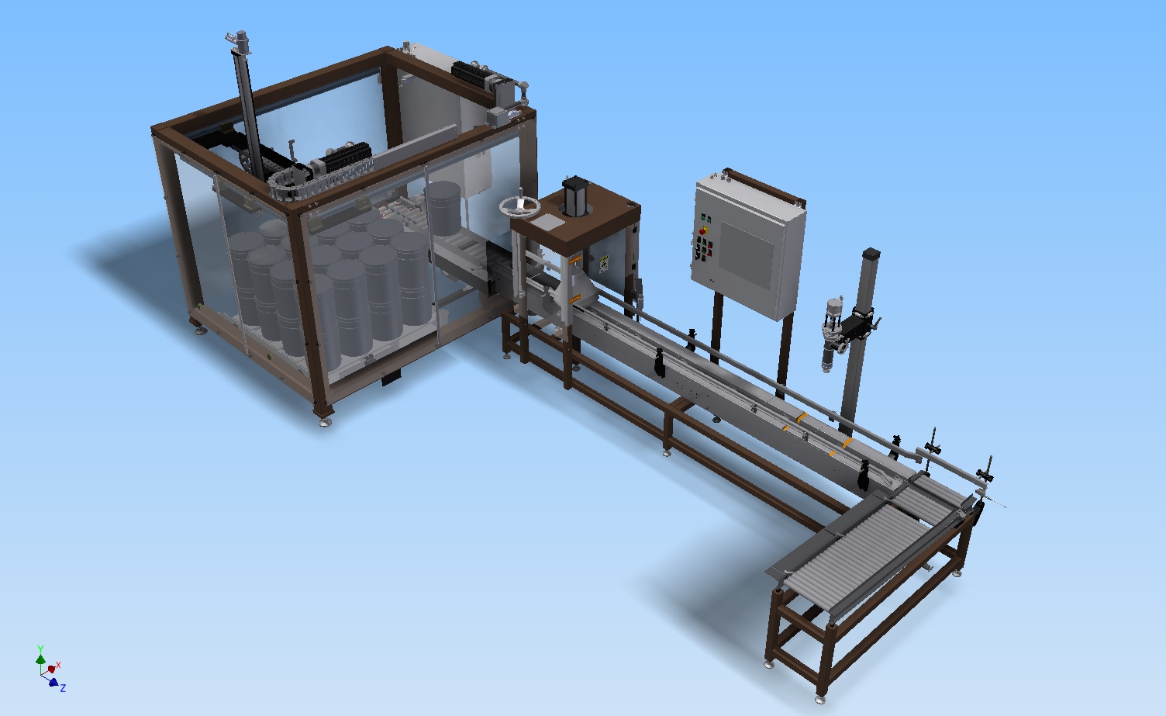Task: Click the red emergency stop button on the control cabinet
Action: coord(705,230)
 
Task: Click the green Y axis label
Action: coord(40,649)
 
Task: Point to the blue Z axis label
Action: coord(63,688)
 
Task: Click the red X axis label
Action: coord(58,665)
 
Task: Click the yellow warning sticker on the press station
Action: coord(604,263)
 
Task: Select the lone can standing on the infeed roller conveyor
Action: coord(443,208)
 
